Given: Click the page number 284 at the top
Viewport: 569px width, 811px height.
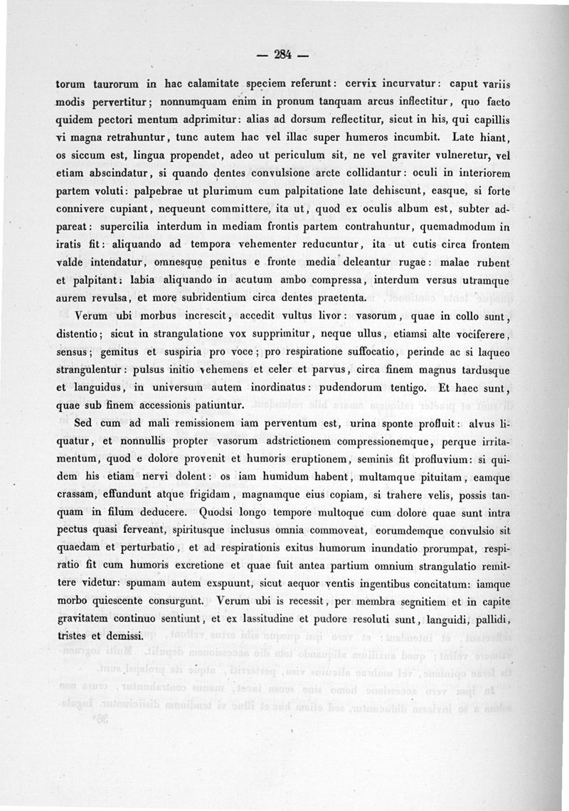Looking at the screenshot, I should (x=283, y=54).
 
